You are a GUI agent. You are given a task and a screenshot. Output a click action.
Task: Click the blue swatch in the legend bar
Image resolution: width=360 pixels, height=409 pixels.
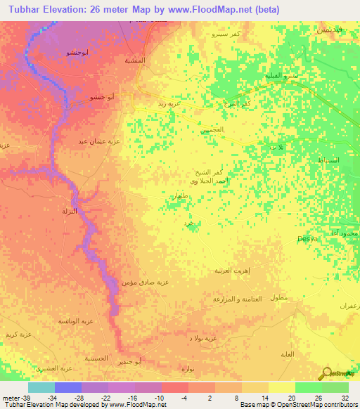[68, 387]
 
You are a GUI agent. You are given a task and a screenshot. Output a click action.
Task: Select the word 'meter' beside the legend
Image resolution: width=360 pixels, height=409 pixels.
[9, 397]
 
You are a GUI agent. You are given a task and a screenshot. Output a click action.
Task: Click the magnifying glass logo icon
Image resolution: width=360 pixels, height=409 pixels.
[326, 373]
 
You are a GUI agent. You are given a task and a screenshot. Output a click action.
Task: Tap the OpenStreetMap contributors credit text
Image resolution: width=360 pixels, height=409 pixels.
[310, 405]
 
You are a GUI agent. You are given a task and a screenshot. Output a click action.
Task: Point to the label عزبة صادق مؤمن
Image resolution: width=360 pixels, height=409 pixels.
[148, 282]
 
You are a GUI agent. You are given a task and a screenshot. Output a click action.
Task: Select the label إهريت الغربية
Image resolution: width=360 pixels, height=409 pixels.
[232, 270]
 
